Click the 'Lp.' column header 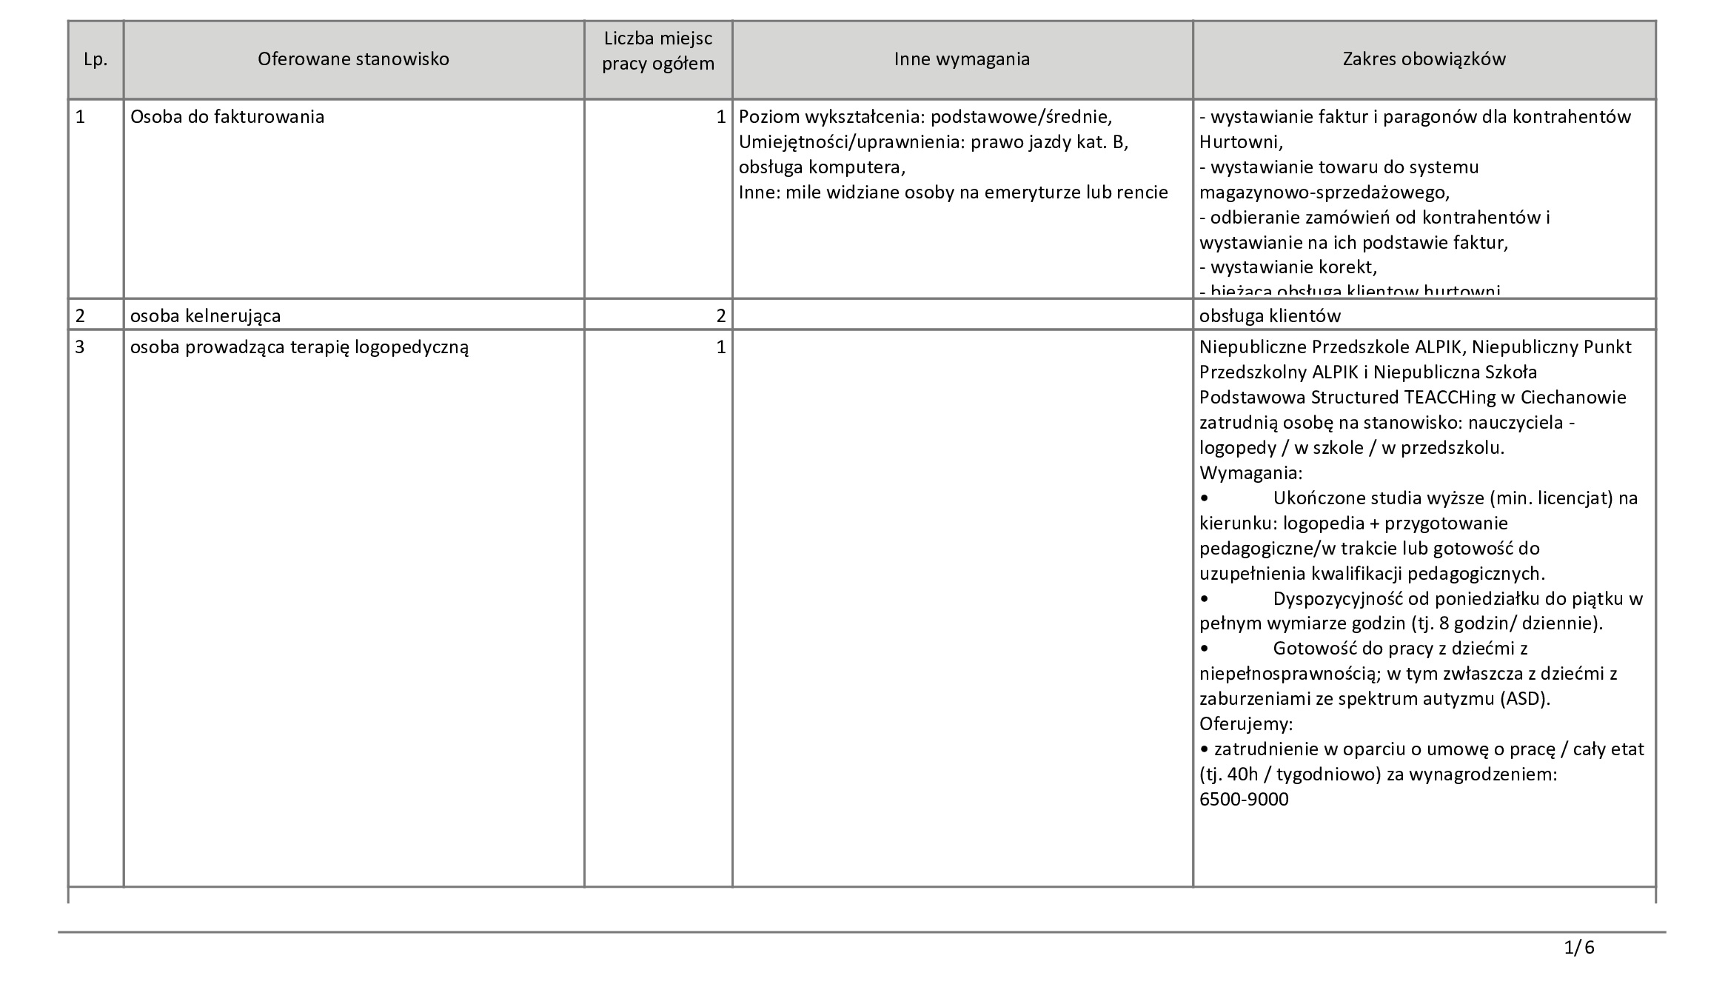96,60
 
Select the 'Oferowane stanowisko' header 353,59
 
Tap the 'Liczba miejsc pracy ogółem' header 657,51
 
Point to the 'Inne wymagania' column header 962,59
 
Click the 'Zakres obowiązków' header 1424,59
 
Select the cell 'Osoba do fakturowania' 227,117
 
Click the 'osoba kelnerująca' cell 205,316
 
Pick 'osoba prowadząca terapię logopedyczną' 299,347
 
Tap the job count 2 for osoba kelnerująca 720,316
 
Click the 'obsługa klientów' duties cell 1270,316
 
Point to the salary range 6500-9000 1244,800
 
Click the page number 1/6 1578,968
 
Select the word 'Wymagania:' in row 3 1250,472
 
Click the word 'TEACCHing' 1449,398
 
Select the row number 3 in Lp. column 81,347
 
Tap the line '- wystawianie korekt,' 1287,267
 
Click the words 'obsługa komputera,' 822,167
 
